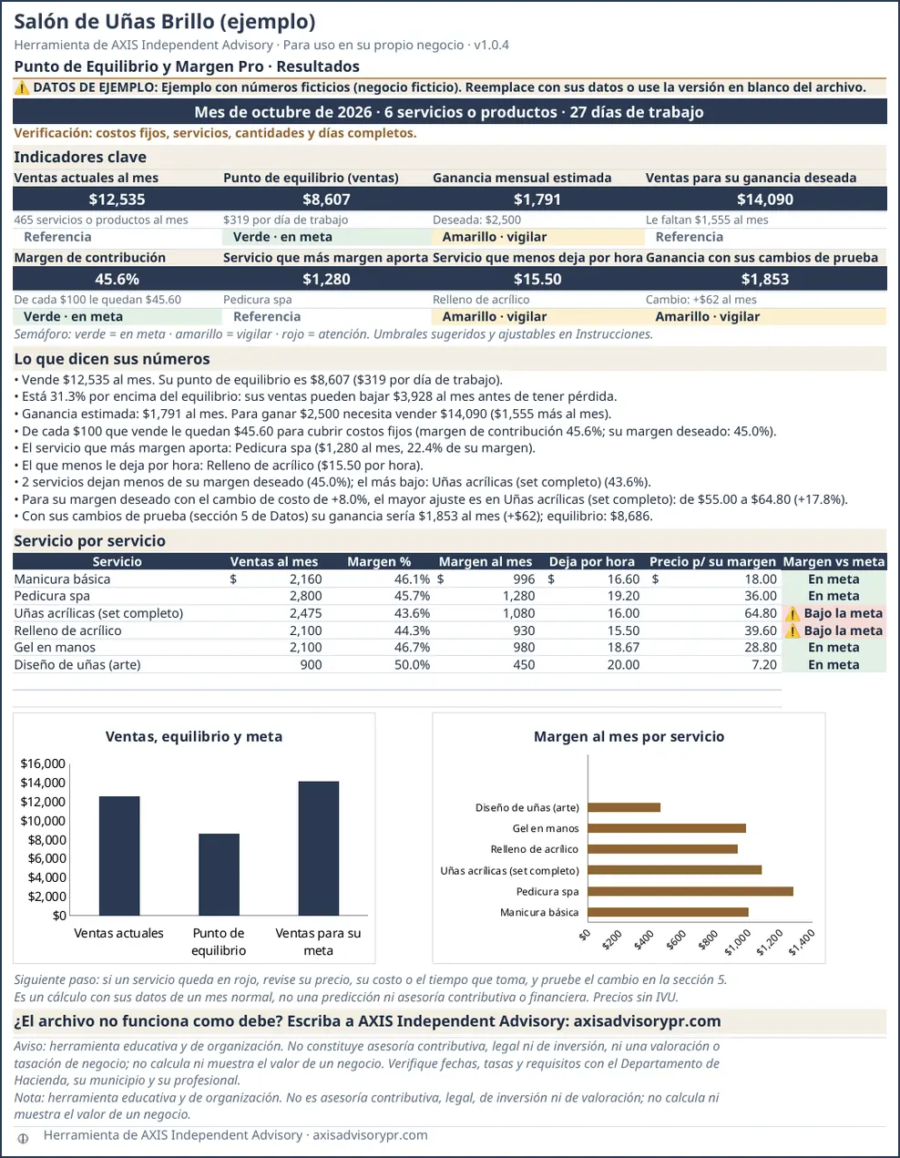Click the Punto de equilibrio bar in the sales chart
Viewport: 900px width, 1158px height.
(219, 875)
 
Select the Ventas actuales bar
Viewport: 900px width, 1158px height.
(119, 856)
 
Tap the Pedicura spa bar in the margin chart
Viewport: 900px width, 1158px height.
(690, 891)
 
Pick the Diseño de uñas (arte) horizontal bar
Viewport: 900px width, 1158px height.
(624, 807)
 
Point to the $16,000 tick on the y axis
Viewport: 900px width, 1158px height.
(43, 763)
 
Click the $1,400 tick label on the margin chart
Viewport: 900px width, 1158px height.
(801, 942)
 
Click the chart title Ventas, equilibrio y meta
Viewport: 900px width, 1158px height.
(194, 736)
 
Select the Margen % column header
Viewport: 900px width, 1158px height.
(379, 561)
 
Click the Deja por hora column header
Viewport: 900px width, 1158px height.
(592, 561)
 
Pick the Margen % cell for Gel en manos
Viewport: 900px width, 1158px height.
(412, 648)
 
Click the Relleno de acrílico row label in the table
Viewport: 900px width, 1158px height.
(67, 630)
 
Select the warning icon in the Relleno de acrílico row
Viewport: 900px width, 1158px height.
(793, 631)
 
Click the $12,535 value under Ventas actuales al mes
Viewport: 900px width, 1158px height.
(117, 200)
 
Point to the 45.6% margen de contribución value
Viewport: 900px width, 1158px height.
(117, 279)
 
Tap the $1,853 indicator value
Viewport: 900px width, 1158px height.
(765, 279)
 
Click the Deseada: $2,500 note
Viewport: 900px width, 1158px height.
(476, 220)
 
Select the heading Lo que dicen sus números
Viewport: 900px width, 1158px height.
(112, 359)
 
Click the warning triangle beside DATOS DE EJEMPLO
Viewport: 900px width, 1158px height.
(22, 87)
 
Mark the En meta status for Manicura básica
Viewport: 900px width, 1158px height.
(834, 579)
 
